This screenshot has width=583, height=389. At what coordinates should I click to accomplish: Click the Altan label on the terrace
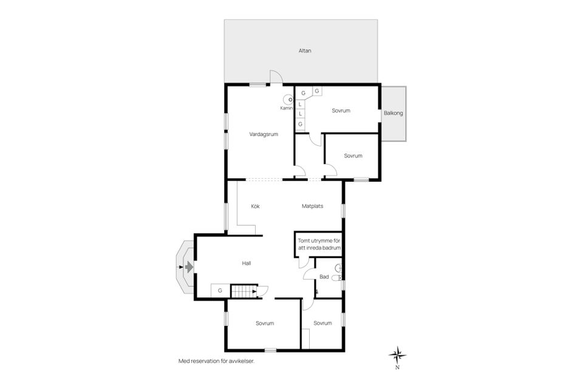[x=305, y=50]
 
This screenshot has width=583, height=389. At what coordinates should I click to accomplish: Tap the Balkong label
[x=394, y=113]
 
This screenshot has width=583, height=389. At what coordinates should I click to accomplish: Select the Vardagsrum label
[x=264, y=134]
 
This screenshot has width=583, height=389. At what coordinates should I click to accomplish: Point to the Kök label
[x=256, y=206]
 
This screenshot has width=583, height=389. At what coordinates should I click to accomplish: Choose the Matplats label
[x=312, y=206]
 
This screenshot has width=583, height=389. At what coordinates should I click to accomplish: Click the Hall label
[x=247, y=263]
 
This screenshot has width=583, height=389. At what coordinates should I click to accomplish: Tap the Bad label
[x=324, y=277]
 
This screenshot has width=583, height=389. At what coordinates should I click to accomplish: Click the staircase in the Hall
[x=244, y=291]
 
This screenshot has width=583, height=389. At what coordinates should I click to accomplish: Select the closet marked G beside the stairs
[x=220, y=291]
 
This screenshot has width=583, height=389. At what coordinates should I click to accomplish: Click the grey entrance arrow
[x=189, y=267]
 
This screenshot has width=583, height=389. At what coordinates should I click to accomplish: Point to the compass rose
[x=397, y=355]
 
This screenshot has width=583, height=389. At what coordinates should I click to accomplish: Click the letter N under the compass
[x=397, y=368]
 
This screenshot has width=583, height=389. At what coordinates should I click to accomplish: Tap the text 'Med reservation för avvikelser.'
[x=217, y=361]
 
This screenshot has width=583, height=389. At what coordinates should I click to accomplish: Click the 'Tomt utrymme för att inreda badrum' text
[x=319, y=244]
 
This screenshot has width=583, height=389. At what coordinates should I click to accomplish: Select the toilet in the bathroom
[x=336, y=278]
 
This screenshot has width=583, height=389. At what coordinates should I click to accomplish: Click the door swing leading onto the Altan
[x=276, y=77]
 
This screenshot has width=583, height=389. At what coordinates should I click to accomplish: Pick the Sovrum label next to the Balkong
[x=341, y=111]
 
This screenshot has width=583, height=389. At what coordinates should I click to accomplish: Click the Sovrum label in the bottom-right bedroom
[x=322, y=323]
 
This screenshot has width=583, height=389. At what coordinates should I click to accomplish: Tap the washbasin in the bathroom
[x=338, y=268]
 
